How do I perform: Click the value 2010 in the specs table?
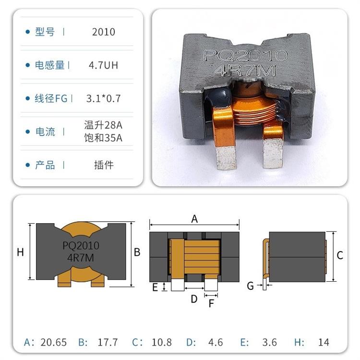click(x=104, y=32)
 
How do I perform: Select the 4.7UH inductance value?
click(x=104, y=65)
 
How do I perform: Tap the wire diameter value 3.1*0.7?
click(x=104, y=99)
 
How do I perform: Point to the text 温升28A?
click(x=104, y=125)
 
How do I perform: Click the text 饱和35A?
click(x=104, y=139)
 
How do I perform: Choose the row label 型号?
click(x=45, y=32)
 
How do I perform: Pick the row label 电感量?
click(x=50, y=65)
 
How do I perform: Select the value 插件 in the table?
click(x=104, y=165)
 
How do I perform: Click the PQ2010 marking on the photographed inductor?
click(x=245, y=56)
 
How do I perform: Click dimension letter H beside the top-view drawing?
click(x=20, y=252)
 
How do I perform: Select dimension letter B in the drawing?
click(x=137, y=252)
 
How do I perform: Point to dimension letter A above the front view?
click(x=194, y=219)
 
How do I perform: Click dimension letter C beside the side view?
click(x=340, y=255)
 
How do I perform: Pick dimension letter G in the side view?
click(x=250, y=286)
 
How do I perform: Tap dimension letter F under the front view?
click(x=211, y=303)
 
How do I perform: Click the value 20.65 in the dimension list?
click(x=54, y=342)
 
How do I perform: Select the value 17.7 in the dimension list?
click(x=108, y=342)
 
